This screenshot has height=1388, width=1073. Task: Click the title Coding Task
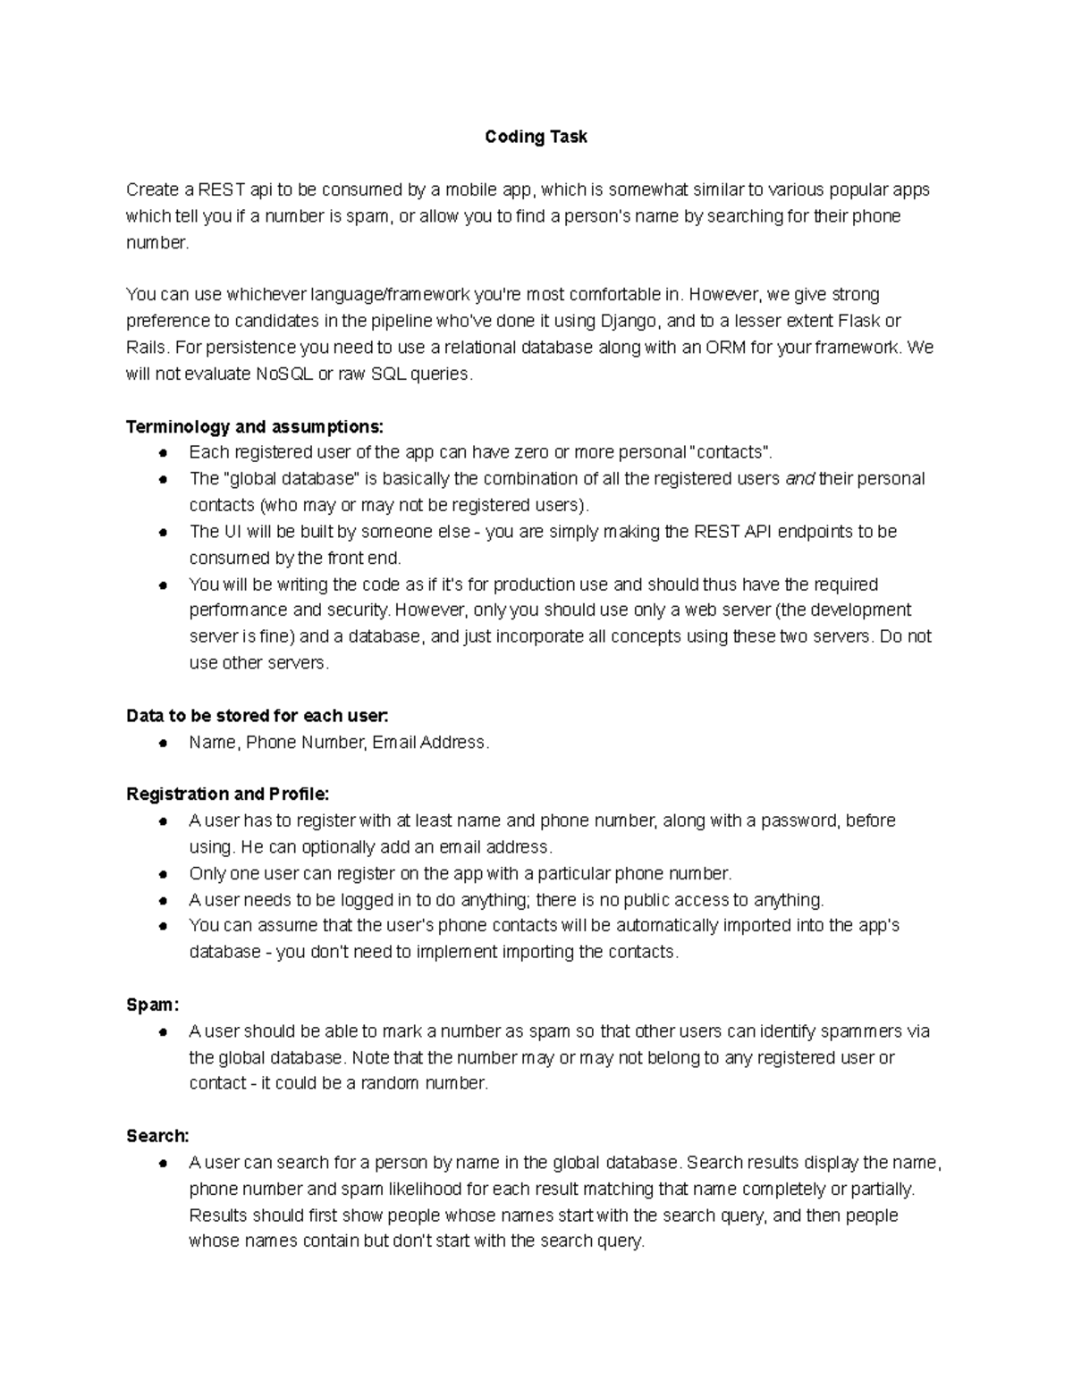point(536,137)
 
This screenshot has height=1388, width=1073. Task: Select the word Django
point(628,321)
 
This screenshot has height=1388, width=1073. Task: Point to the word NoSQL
point(284,374)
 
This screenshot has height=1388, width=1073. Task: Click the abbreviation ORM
point(725,348)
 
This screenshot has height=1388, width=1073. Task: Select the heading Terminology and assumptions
point(255,426)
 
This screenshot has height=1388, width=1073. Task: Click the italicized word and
point(799,479)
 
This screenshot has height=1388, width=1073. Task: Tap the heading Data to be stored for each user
point(258,716)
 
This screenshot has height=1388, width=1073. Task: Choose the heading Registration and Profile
point(228,795)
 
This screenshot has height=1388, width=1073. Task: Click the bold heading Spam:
point(153,1005)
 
